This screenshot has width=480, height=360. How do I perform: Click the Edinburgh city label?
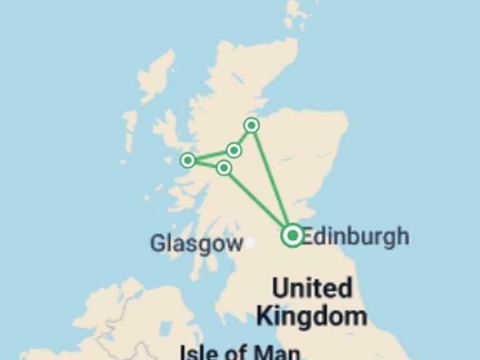point(355,236)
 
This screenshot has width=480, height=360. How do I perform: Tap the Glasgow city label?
point(196,243)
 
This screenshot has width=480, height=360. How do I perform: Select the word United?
point(312,289)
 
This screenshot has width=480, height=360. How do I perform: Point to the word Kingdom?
point(312,316)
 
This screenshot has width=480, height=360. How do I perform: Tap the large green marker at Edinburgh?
point(292,236)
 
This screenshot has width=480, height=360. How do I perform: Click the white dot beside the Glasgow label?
point(251,242)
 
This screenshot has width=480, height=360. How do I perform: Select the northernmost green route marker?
point(251,126)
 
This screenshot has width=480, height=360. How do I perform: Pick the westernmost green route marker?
point(187,161)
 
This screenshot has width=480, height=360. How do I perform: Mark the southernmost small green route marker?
point(224,167)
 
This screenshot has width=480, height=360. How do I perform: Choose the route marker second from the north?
point(234,150)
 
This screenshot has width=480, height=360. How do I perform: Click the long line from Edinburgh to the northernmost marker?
point(271,179)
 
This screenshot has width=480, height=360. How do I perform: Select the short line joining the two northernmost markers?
point(242,138)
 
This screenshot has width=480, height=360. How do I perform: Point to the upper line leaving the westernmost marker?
point(211,156)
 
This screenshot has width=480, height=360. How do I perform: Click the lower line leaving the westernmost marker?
point(206,164)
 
